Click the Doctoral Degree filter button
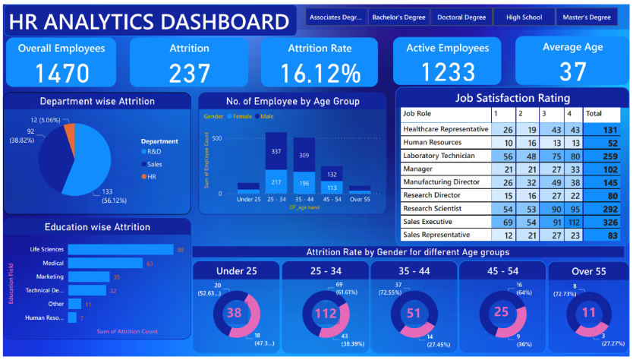[461, 17]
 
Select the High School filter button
[523, 17]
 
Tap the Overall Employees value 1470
[61, 73]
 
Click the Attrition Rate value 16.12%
[320, 73]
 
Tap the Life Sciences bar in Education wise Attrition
[120, 249]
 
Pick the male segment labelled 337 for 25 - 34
[276, 150]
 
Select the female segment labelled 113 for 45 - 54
[332, 188]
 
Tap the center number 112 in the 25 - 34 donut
[324, 312]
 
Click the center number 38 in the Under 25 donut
[235, 312]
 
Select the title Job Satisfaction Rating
[512, 98]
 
